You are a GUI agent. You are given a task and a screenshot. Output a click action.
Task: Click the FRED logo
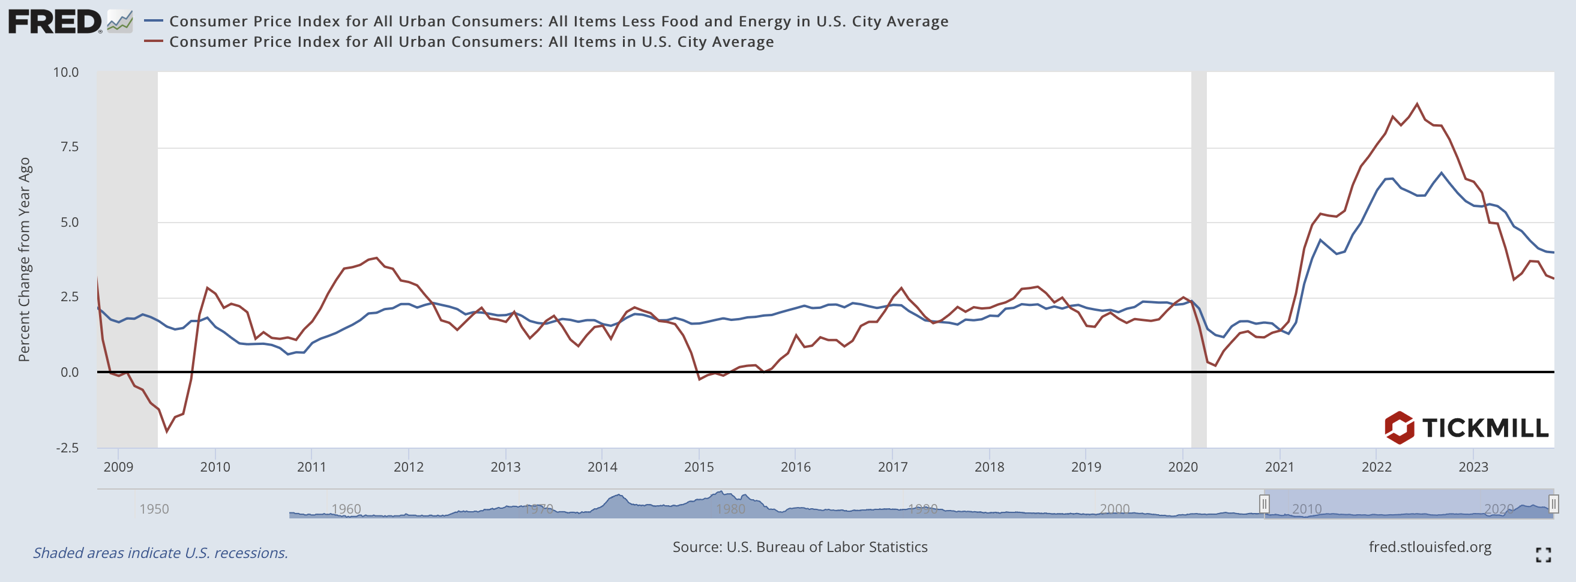(55, 22)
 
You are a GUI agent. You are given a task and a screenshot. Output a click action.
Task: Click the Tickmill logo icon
(1399, 427)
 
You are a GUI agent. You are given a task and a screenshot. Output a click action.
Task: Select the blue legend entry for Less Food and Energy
(558, 22)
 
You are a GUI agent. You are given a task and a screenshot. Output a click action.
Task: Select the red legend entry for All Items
(471, 42)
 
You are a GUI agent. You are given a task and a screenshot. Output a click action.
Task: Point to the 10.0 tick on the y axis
(66, 72)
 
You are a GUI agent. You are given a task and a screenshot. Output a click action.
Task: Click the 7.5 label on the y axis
(68, 147)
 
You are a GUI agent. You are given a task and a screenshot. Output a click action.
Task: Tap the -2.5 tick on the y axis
(67, 448)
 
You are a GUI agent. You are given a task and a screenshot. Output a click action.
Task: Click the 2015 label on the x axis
(699, 467)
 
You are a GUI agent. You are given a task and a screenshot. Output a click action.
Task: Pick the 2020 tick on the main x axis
(1183, 467)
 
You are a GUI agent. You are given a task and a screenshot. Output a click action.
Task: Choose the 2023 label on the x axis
(1473, 467)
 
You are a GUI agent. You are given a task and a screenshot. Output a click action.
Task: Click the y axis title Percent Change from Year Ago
(24, 260)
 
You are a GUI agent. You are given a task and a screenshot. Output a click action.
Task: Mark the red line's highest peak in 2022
(1417, 103)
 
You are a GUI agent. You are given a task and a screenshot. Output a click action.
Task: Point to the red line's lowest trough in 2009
(166, 431)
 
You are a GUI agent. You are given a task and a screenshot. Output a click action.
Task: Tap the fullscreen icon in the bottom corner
(1543, 554)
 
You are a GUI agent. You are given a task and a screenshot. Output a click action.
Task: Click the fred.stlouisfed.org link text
(1430, 547)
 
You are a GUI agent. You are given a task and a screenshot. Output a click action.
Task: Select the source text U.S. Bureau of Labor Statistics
(799, 547)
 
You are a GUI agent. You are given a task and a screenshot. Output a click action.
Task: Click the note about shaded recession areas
(160, 553)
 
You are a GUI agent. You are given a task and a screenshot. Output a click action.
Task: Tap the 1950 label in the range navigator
(154, 509)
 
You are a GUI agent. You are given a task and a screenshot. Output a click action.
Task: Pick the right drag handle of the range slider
(1553, 505)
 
